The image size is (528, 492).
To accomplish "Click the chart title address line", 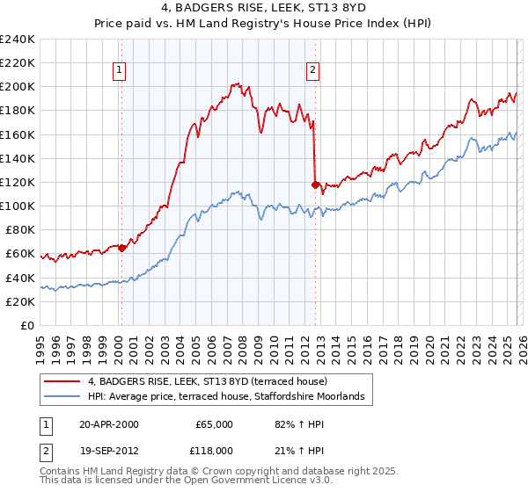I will [x=264, y=8].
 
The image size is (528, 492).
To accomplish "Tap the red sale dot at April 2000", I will [x=121, y=248].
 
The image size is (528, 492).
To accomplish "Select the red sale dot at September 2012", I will [x=315, y=184].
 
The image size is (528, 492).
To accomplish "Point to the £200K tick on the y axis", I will [x=18, y=87].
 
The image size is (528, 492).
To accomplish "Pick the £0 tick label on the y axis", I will [x=26, y=325].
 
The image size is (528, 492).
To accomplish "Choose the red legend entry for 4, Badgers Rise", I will [x=208, y=381].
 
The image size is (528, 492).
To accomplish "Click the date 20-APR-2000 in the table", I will [x=108, y=424].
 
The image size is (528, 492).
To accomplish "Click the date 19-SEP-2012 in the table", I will [x=108, y=449].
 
